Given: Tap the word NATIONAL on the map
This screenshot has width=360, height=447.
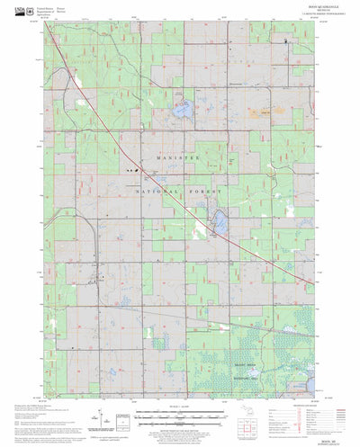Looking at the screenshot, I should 160,192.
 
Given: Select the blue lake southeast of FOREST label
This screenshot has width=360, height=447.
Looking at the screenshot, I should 218,221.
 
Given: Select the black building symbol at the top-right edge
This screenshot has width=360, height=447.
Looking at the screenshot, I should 287,40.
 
